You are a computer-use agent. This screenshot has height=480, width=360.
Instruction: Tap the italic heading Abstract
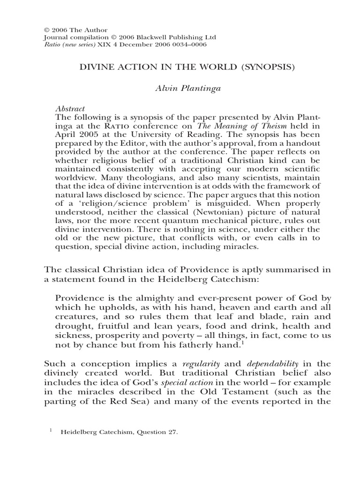click(x=70, y=108)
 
